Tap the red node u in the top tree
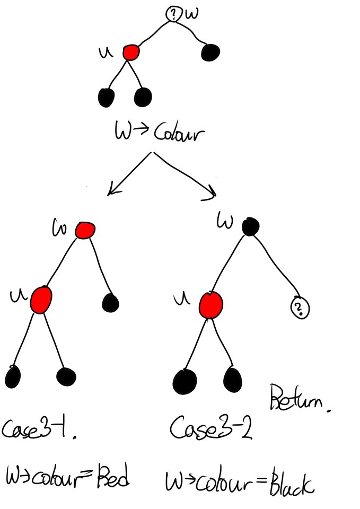(131, 52)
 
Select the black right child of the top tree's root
(210, 52)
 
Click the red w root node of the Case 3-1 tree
(84, 230)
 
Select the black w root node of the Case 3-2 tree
(250, 227)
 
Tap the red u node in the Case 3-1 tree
(41, 300)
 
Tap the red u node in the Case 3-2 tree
(211, 304)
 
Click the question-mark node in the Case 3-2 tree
(300, 308)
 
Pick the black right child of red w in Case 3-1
(110, 303)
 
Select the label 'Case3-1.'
(37, 428)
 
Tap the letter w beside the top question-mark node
(192, 14)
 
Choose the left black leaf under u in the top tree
(107, 97)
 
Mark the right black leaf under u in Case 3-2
(233, 378)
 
